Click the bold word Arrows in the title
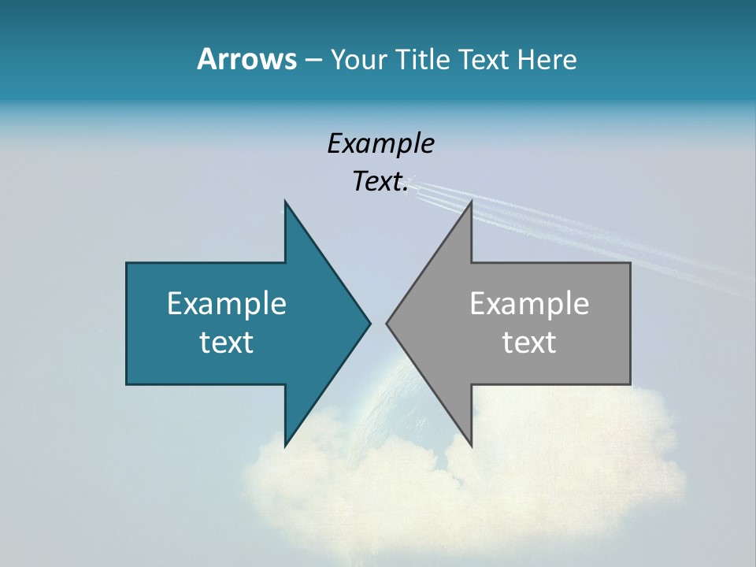(246, 59)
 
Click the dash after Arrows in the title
(313, 61)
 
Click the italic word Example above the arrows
(380, 143)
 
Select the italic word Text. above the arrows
(380, 181)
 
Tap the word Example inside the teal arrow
(227, 303)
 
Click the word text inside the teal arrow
(227, 343)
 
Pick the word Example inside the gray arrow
(529, 303)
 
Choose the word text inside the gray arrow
(529, 343)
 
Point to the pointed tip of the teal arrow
(369, 323)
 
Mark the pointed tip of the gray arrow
(387, 323)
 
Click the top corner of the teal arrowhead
(285, 202)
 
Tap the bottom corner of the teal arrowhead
(285, 445)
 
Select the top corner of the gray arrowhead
(471, 202)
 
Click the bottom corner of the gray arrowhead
(471, 445)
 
